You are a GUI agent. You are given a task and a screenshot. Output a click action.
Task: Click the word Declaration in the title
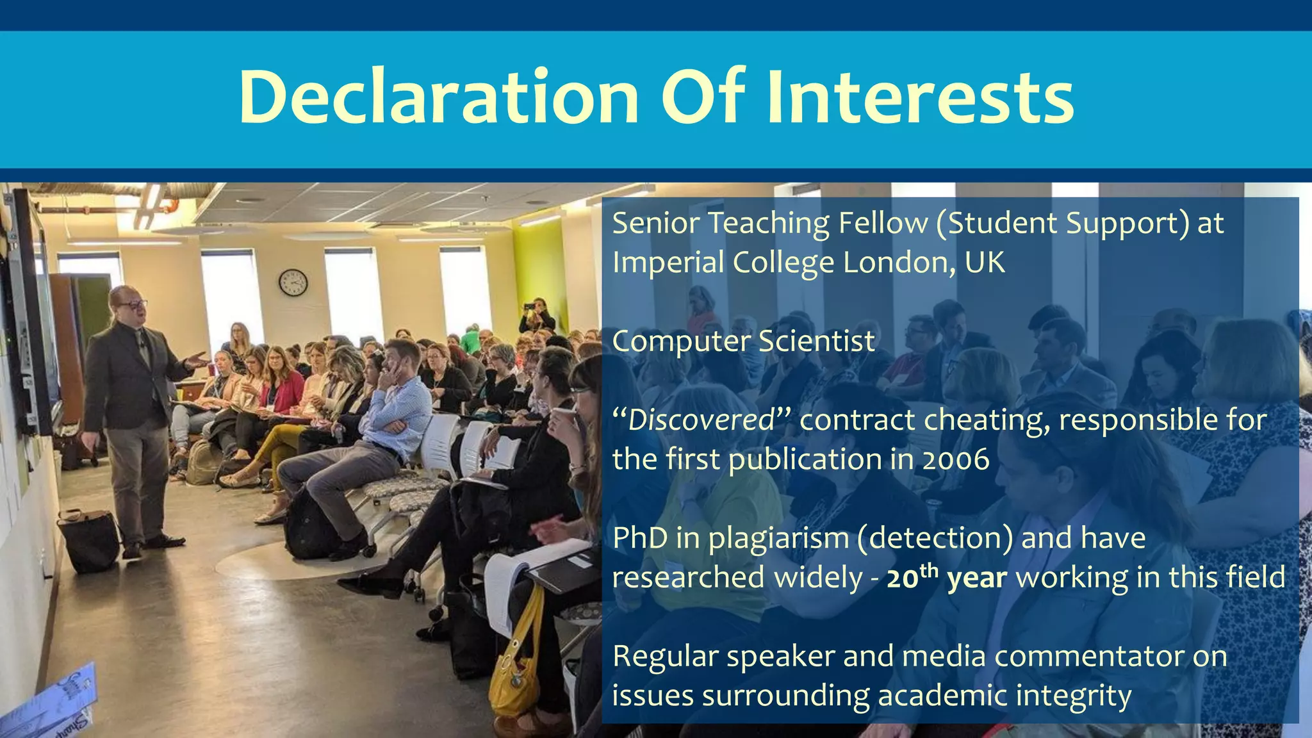[x=439, y=97]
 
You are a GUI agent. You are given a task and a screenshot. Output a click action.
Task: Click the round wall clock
[x=293, y=283]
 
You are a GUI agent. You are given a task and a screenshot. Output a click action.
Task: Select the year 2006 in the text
[x=955, y=459]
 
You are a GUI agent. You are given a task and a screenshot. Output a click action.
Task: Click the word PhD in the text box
[x=640, y=538]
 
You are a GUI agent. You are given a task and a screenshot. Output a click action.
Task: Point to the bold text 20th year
[x=946, y=577]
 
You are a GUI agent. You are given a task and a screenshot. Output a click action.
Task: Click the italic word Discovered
[x=701, y=420]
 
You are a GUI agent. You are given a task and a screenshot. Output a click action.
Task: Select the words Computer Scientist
[x=743, y=341]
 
